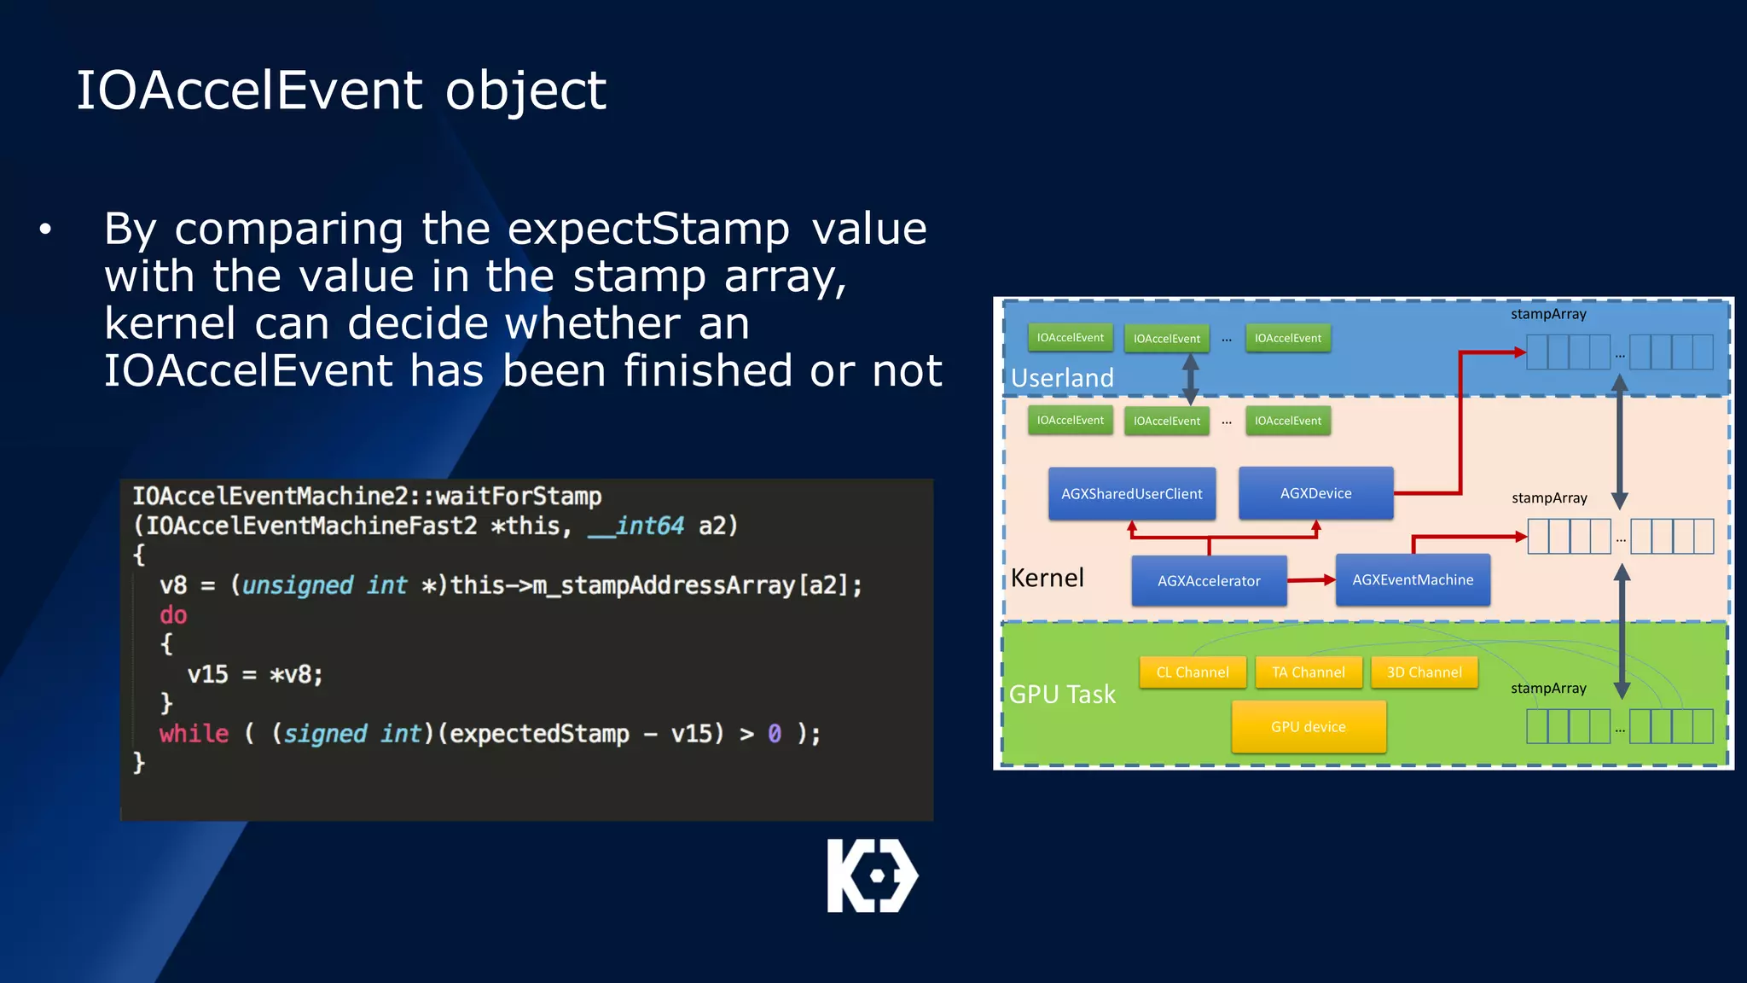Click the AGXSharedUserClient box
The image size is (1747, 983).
tap(1131, 493)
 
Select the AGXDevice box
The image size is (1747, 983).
tap(1315, 493)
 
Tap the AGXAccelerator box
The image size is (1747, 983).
tap(1208, 581)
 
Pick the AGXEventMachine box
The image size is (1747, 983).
tap(1413, 580)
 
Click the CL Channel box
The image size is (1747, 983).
tap(1192, 672)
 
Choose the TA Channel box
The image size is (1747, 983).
tap(1308, 672)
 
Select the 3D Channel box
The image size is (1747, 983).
tap(1424, 672)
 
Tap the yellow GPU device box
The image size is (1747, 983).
tap(1308, 727)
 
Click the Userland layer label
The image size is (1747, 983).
tap(1062, 378)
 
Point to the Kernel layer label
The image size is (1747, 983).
tap(1047, 579)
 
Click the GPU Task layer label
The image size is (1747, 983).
tap(1062, 695)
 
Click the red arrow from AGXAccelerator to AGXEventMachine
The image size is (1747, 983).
tap(1311, 580)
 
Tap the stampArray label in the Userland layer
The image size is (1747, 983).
tap(1548, 314)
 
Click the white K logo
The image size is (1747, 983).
tap(872, 875)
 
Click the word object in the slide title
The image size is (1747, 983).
tap(525, 90)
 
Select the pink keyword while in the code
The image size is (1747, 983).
tap(194, 734)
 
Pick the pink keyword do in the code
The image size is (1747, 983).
tap(173, 615)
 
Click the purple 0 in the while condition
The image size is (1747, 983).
tap(774, 734)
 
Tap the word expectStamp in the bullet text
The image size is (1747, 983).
tap(649, 230)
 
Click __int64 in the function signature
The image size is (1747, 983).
tap(636, 526)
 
